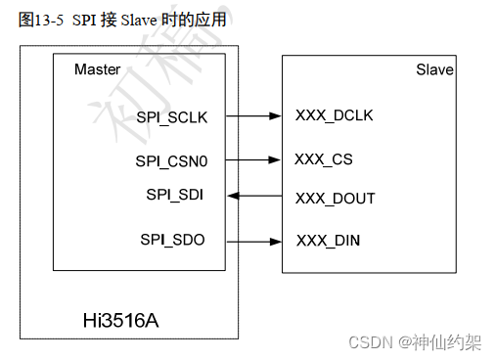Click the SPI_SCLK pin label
point(179,117)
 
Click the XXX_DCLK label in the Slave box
point(334,115)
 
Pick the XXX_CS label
point(324,158)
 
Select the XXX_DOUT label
point(335,199)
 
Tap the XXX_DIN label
point(329,240)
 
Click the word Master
point(98,69)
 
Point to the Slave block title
point(435,70)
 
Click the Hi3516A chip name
point(120,320)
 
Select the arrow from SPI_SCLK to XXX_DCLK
point(253,116)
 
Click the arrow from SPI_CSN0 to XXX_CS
point(253,158)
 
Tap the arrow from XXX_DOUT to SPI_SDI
point(253,197)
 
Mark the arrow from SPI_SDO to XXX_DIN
point(253,240)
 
